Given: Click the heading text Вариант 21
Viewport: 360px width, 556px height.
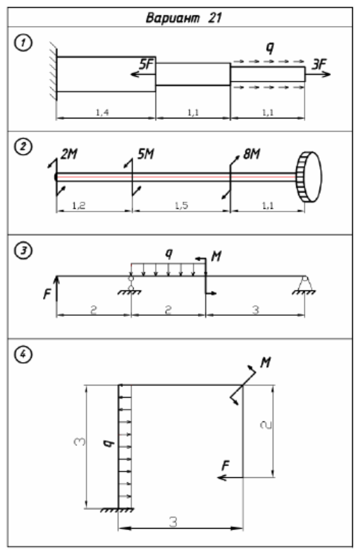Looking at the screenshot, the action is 184,18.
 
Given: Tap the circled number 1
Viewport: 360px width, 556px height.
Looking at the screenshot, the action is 23,43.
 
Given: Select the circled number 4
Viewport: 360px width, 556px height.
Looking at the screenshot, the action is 23,354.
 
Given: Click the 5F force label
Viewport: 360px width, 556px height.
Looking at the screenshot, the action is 146,64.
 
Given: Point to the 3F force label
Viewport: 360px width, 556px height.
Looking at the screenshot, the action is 318,64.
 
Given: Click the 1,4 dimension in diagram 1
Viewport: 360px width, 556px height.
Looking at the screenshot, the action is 102,113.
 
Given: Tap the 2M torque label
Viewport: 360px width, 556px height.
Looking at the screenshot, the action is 69,154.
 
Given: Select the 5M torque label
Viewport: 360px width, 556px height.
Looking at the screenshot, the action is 145,154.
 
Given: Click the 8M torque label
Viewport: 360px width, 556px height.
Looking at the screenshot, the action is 251,154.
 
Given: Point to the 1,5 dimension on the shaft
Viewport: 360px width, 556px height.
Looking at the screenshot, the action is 181,205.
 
